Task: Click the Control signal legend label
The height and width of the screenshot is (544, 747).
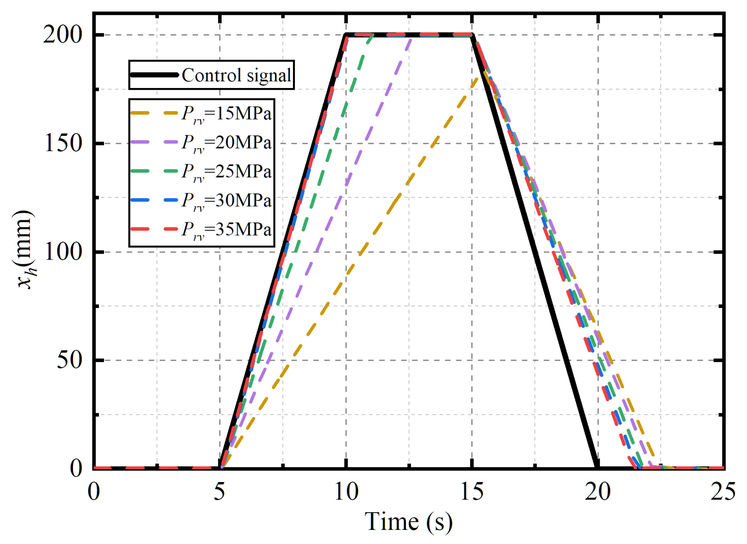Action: [x=236, y=75]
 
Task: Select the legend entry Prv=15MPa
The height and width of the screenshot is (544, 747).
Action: [x=226, y=114]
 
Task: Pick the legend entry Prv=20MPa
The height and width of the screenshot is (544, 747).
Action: [x=226, y=143]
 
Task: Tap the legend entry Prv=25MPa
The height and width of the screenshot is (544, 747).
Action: [x=226, y=171]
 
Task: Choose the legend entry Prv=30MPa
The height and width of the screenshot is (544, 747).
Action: [x=226, y=200]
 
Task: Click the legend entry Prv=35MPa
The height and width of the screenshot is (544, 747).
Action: [x=226, y=230]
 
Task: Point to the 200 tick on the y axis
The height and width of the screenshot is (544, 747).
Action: [x=63, y=35]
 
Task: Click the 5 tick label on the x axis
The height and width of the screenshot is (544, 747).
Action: [x=219, y=491]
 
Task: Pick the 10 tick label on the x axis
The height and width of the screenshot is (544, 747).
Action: [x=346, y=491]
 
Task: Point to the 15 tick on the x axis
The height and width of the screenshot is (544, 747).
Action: [x=472, y=491]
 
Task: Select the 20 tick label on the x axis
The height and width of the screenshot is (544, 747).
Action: [x=598, y=491]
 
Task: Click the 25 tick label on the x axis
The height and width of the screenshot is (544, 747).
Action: [x=723, y=491]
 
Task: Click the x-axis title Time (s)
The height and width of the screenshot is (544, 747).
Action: [x=408, y=522]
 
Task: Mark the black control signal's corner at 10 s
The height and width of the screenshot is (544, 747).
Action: [x=346, y=35]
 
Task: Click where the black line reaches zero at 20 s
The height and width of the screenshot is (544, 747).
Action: [x=597, y=467]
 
